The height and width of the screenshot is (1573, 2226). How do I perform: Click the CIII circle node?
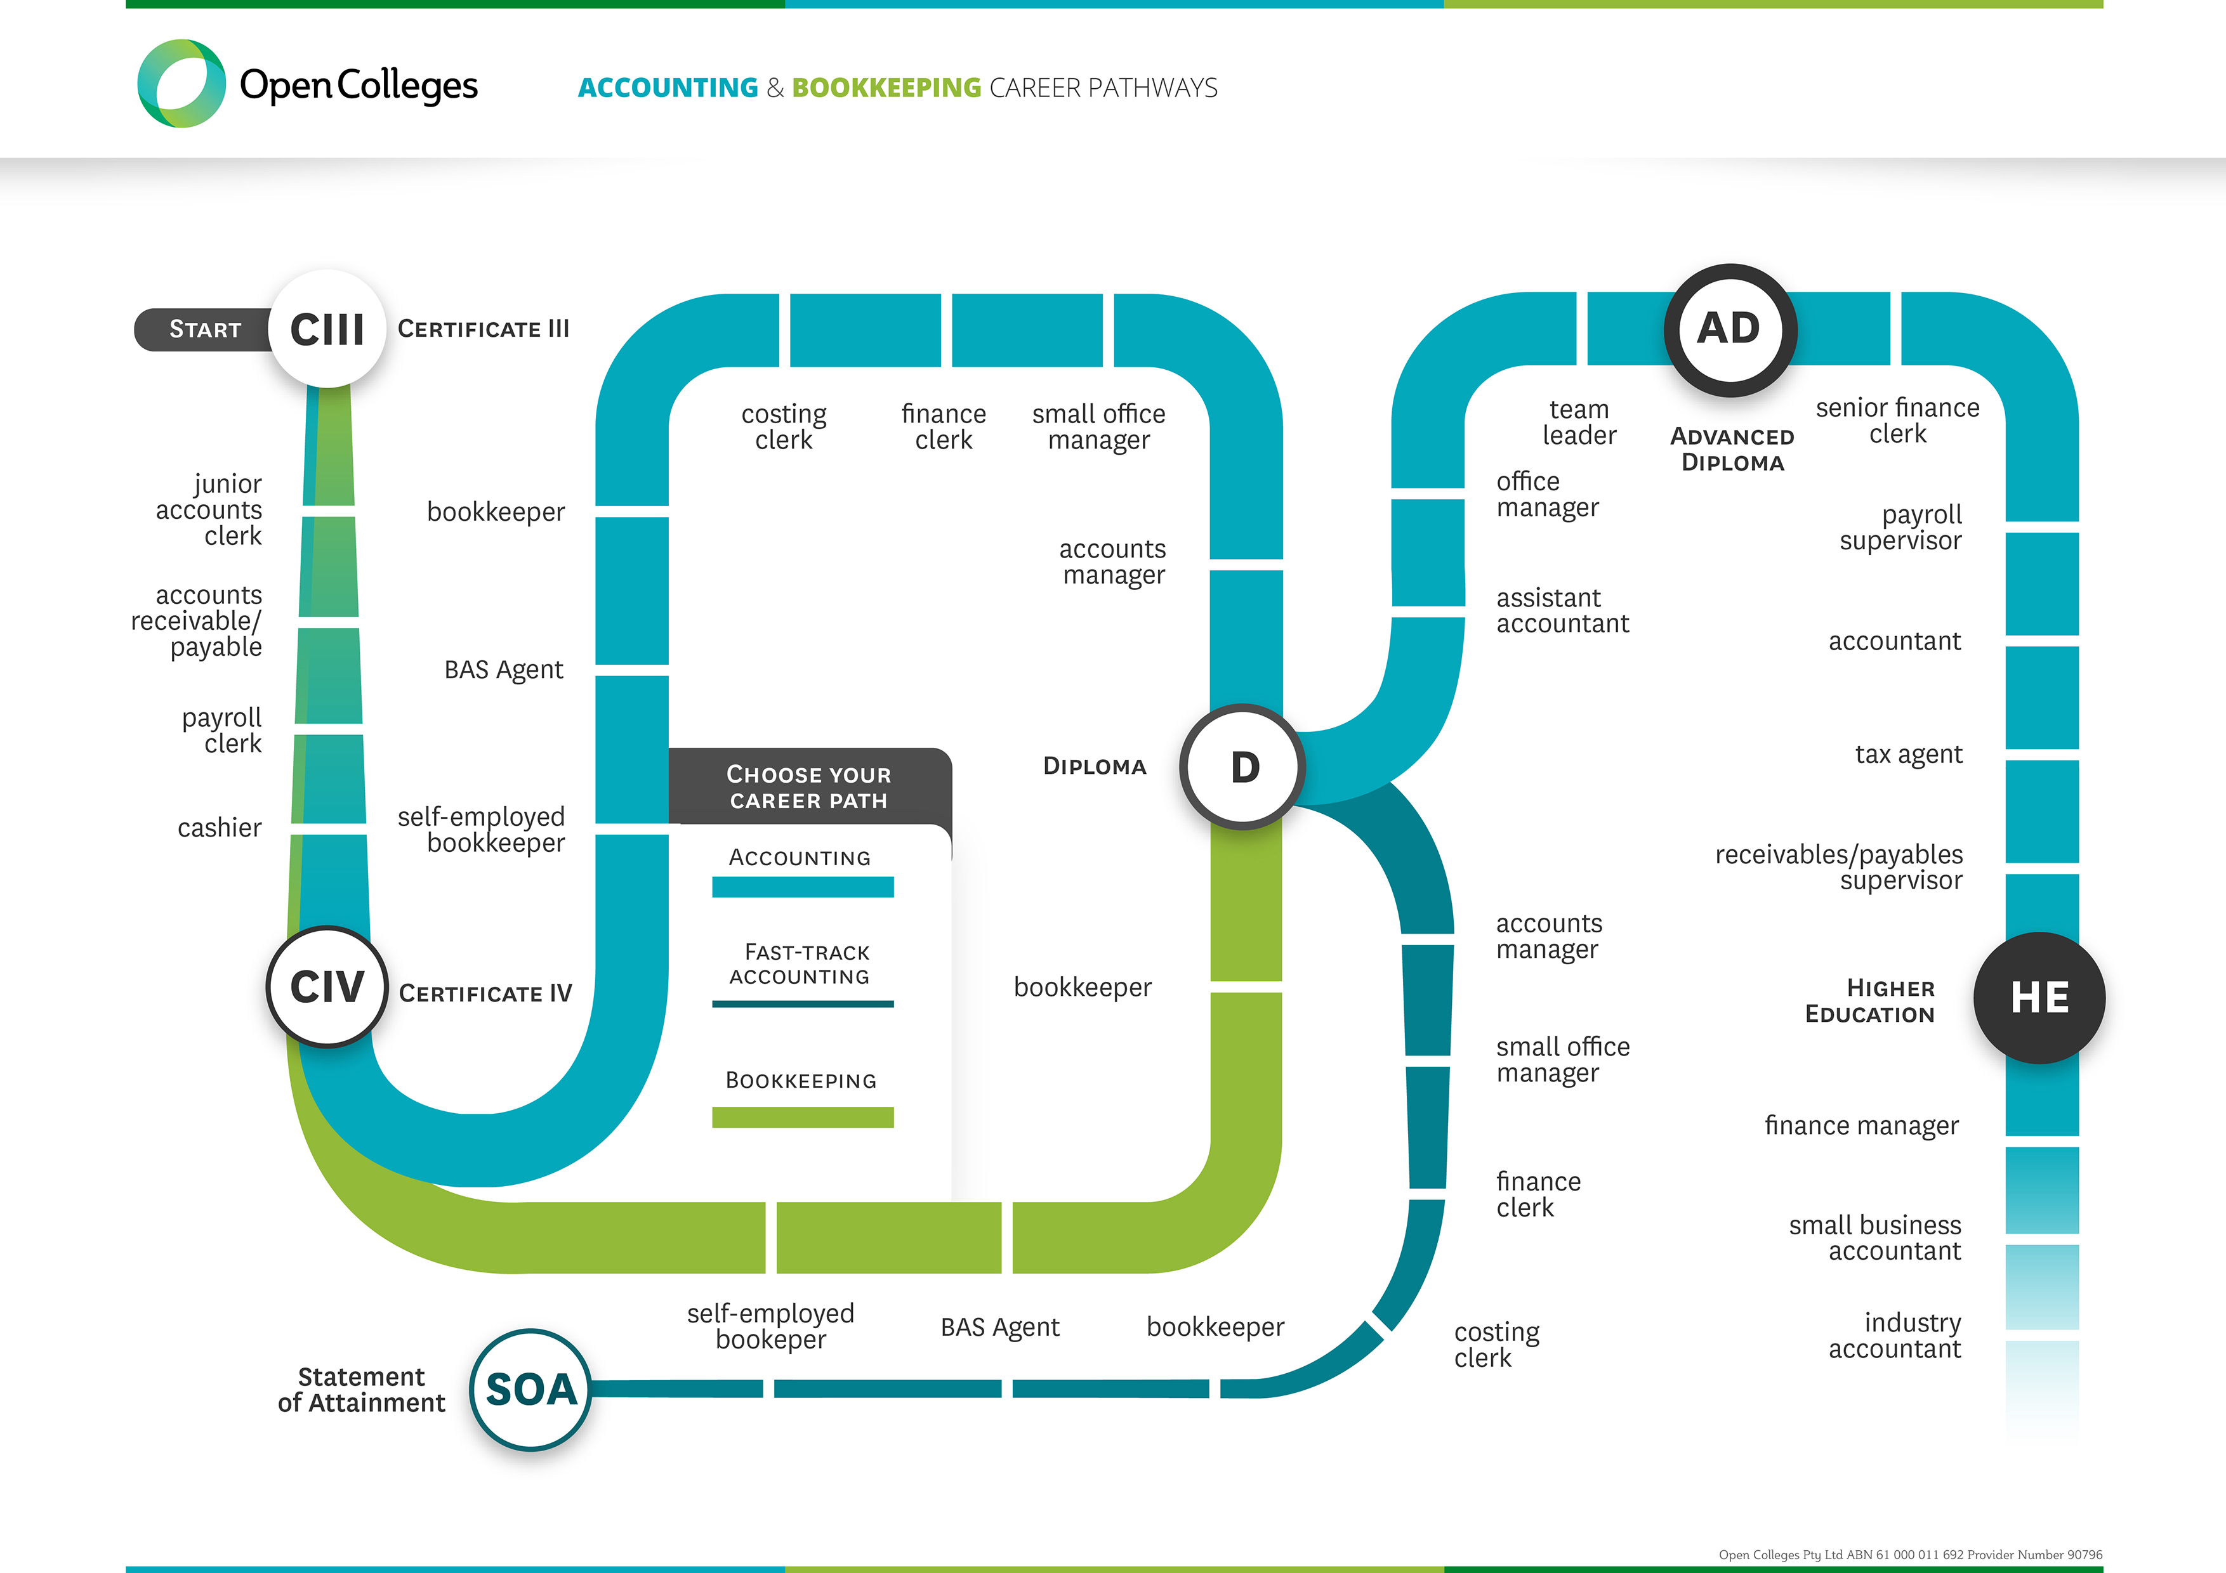[327, 330]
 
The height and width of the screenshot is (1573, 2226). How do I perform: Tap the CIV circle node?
[327, 987]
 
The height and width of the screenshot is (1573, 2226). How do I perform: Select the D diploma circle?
[1244, 767]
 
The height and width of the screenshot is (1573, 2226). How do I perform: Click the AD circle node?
[1730, 330]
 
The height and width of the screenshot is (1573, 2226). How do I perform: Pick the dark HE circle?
[2040, 997]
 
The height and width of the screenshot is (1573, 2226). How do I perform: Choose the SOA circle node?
[530, 1389]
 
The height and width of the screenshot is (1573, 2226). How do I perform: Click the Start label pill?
[204, 330]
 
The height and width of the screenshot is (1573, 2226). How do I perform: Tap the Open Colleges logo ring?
[181, 83]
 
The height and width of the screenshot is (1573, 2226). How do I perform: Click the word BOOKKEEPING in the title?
[886, 88]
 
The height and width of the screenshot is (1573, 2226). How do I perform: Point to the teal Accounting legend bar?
[803, 887]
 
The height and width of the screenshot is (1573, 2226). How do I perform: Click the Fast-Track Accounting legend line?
[803, 1004]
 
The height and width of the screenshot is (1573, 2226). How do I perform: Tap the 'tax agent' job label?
[1908, 754]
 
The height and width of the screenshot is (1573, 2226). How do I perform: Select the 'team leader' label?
[1579, 422]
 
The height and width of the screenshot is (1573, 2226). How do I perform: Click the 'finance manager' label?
[1862, 1125]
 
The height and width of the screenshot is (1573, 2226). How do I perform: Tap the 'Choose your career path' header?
[808, 787]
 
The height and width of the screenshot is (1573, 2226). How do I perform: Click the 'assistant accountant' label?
[1562, 611]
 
